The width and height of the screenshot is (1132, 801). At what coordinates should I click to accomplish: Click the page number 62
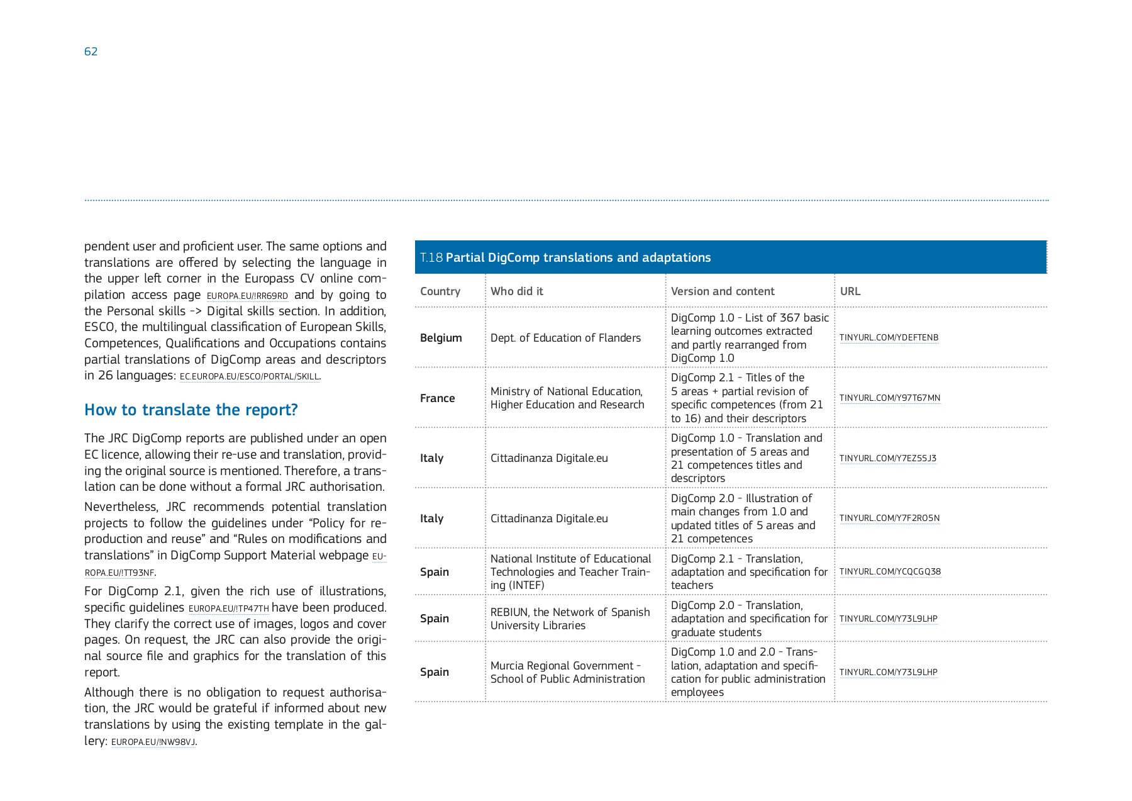coord(91,52)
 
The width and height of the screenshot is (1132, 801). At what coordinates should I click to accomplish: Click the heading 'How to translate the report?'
coord(191,410)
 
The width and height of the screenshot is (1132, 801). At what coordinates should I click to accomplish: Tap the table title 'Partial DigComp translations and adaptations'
coord(577,257)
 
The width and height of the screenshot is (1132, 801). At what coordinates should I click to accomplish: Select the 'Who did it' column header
coord(516,291)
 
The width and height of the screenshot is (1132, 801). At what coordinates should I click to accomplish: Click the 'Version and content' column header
coord(722,291)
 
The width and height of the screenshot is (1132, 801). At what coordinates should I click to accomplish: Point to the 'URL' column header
coord(850,291)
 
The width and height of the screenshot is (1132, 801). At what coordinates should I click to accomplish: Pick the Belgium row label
coord(440,338)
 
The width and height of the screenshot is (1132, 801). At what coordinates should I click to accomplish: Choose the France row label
coord(437,398)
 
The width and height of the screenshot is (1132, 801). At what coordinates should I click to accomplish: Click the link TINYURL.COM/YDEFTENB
coord(888,338)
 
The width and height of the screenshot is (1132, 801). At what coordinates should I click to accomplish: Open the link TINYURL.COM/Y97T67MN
coord(889,398)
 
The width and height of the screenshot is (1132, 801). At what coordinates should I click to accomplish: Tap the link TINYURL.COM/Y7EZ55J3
coord(887,458)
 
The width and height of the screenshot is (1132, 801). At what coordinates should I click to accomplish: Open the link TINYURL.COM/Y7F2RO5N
coord(889,518)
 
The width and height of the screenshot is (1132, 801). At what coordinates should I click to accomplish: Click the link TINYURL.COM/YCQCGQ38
coord(889,572)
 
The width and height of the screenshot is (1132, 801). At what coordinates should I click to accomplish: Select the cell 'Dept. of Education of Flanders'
coord(565,338)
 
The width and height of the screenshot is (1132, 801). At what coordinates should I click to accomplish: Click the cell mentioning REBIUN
coord(569,619)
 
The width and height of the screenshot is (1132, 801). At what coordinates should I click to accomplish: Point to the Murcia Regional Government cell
coord(567,672)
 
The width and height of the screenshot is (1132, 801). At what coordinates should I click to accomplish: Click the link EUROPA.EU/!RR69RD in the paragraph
coord(247,296)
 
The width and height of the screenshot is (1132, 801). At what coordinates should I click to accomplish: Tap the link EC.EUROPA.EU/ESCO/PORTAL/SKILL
coord(249,376)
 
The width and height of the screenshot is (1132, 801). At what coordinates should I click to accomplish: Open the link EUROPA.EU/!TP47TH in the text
coord(228,608)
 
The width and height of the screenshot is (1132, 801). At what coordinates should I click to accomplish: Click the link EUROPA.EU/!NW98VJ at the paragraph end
coord(153,742)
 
